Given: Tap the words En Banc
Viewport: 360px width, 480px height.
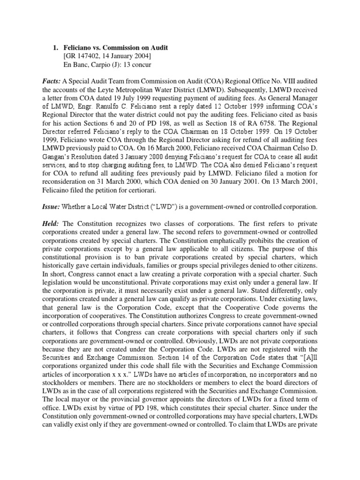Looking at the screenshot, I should click(76, 66).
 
